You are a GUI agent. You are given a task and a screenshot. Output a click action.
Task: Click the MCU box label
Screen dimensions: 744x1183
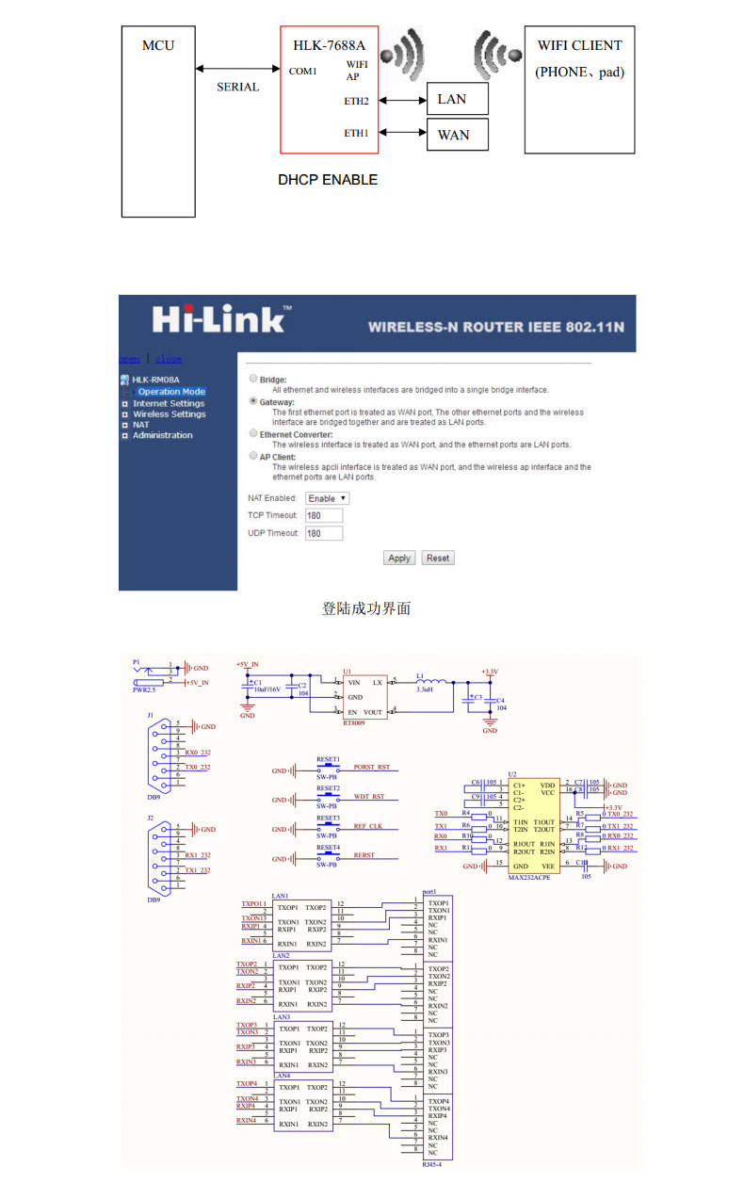coord(157,45)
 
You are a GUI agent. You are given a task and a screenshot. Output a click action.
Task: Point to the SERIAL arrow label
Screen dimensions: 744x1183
coord(237,87)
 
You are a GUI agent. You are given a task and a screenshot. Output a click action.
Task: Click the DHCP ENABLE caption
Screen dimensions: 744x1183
coord(328,179)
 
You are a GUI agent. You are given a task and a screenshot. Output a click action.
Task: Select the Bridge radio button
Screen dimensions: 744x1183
coord(252,379)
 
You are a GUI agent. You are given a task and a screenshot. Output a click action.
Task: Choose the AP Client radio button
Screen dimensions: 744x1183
coord(252,456)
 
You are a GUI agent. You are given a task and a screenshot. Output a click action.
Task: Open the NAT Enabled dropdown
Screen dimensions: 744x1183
coord(327,498)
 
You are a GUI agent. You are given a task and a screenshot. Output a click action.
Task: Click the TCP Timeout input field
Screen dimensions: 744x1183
coord(324,516)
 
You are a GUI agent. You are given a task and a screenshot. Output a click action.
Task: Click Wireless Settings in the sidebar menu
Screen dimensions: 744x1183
coord(169,414)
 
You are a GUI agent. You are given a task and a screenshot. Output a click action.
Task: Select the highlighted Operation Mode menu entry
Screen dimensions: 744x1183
coord(171,392)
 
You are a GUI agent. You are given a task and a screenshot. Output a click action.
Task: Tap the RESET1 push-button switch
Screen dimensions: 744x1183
coord(329,768)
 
